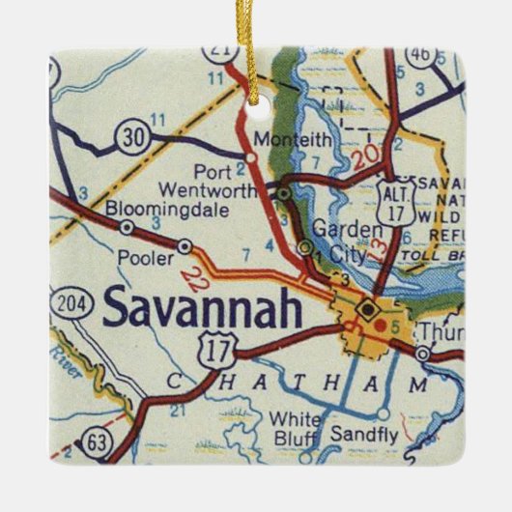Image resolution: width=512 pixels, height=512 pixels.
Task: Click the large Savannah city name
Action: point(201,308)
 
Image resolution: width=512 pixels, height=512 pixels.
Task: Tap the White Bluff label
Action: point(296,427)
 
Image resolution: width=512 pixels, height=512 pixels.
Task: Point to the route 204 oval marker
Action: point(70,302)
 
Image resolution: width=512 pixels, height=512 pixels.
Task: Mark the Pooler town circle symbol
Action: point(185,247)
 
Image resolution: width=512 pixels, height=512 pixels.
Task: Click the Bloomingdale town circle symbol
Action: point(127,227)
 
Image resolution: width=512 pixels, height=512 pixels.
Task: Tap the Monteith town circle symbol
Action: point(252,156)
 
